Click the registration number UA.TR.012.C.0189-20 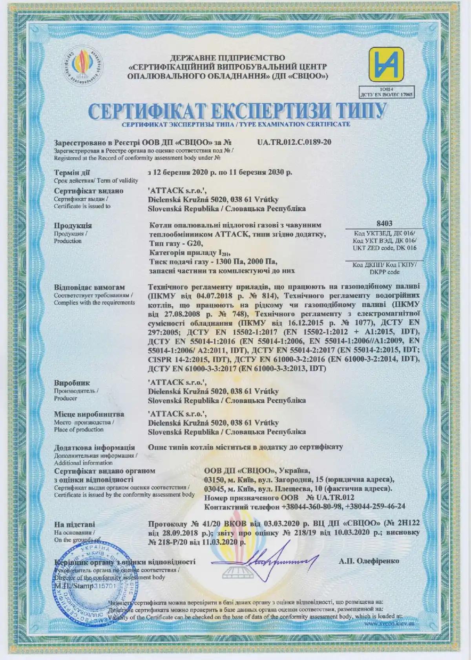click(x=294, y=142)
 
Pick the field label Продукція click(x=73, y=225)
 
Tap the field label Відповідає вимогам click(x=89, y=287)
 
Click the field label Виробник click(x=72, y=383)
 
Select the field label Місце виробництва click(x=89, y=414)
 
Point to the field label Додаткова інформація click(x=95, y=447)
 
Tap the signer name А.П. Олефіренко click(x=368, y=561)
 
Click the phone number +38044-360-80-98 click(x=312, y=507)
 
